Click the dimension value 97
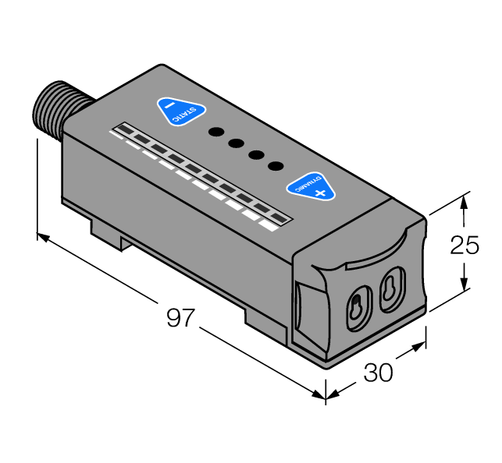click(181, 318)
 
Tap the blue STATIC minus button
click(180, 111)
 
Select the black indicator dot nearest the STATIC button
click(215, 132)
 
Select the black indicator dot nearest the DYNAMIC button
click(275, 165)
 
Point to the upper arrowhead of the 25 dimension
click(465, 199)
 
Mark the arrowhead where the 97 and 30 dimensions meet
click(323, 394)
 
